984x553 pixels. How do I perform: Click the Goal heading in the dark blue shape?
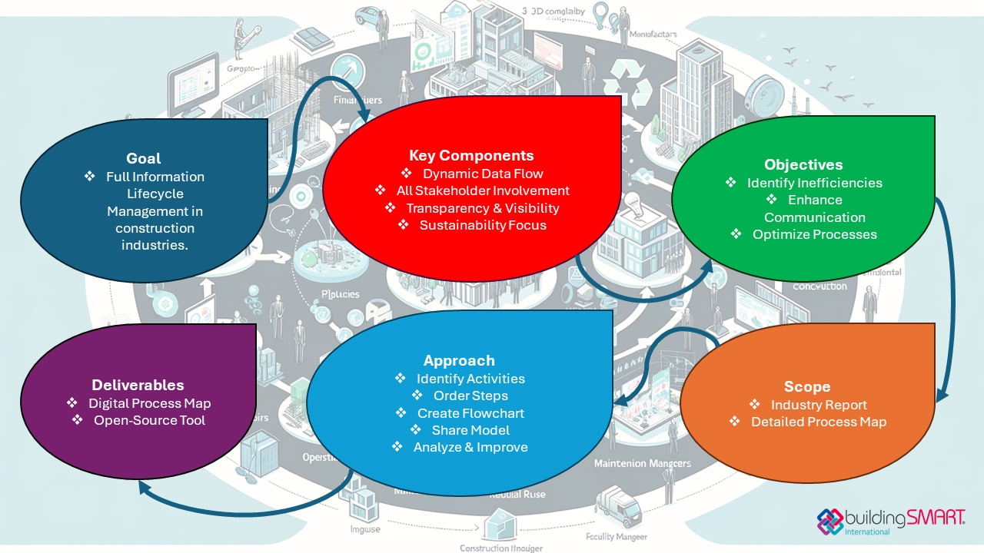(144, 158)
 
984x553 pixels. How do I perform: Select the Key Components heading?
(471, 155)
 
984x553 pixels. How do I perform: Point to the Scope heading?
(807, 386)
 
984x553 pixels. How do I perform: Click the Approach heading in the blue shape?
(459, 360)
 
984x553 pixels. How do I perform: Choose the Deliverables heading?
(138, 385)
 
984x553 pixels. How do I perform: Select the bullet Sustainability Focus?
(483, 225)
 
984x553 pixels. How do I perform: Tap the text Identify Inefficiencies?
(814, 183)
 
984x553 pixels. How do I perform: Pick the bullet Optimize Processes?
(814, 234)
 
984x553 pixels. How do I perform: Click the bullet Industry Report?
(819, 405)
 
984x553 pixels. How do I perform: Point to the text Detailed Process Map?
(819, 422)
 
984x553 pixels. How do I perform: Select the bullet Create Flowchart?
(470, 412)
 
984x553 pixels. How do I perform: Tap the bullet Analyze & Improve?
(470, 447)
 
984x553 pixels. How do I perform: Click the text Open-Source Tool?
(149, 420)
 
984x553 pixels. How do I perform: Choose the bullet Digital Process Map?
(149, 403)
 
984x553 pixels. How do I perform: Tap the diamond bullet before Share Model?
(415, 430)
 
